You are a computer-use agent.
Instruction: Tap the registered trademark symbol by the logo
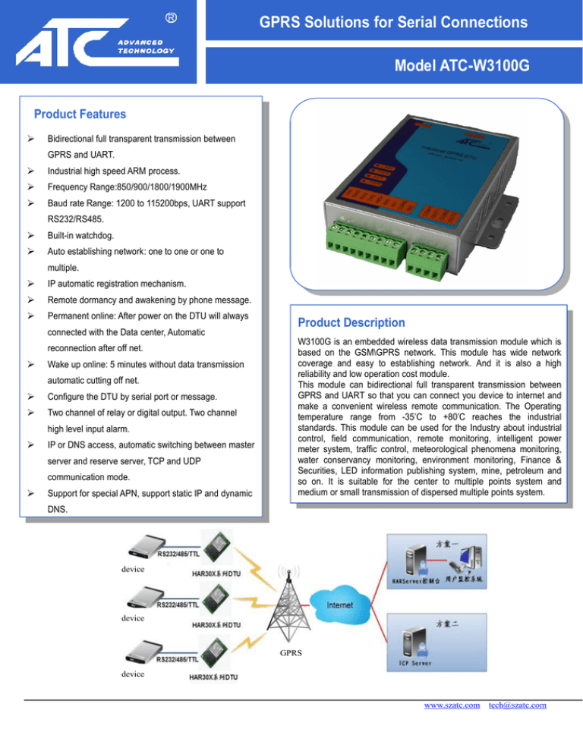click(172, 16)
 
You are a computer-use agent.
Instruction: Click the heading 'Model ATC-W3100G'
click(462, 69)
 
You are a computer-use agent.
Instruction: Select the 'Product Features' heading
click(80, 115)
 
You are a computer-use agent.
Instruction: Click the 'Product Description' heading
click(351, 322)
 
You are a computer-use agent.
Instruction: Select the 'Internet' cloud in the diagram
click(339, 606)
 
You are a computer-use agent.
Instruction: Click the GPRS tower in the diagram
click(289, 600)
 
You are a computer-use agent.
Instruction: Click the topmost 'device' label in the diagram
click(134, 568)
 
